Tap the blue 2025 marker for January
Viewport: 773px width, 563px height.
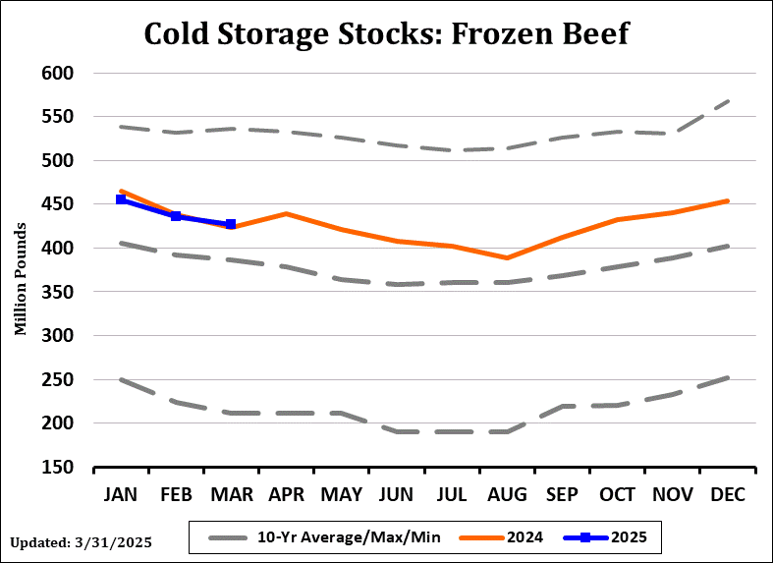(x=121, y=199)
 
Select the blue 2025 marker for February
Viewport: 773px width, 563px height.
(x=176, y=216)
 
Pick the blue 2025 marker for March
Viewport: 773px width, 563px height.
(x=231, y=225)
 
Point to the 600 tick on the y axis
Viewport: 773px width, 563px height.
(x=60, y=73)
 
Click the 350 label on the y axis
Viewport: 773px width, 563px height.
(x=60, y=292)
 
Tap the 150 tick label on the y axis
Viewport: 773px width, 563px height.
(x=60, y=467)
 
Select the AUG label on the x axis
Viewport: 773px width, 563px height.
(x=507, y=492)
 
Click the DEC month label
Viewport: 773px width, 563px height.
(x=727, y=492)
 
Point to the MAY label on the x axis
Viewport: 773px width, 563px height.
(x=342, y=492)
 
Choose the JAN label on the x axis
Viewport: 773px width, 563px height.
(x=121, y=492)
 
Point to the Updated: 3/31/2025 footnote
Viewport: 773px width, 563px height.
(x=83, y=541)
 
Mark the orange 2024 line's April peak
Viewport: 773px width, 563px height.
(x=286, y=213)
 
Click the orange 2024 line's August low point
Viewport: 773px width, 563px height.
(x=507, y=257)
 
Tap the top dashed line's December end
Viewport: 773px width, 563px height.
(x=727, y=100)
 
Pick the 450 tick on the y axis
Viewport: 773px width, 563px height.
(x=60, y=204)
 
